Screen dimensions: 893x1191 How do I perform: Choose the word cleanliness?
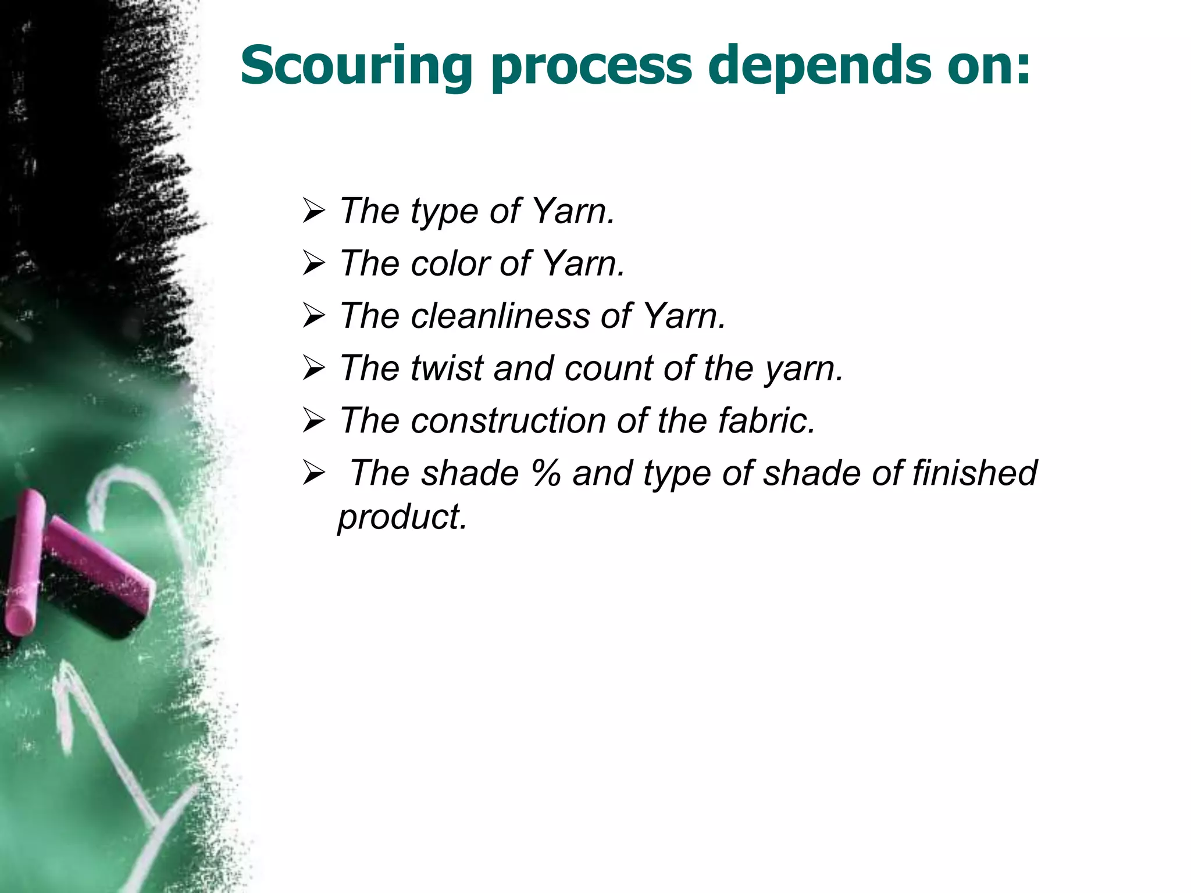(x=501, y=316)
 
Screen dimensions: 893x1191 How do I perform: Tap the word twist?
(x=446, y=368)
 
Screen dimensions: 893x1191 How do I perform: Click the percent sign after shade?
(x=545, y=473)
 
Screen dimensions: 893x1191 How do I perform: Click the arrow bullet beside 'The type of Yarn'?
(x=313, y=212)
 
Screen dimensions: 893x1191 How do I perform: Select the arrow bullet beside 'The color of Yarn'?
(x=313, y=264)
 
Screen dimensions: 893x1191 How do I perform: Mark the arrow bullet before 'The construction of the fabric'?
(x=313, y=421)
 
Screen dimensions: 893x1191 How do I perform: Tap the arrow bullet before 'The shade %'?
(x=313, y=473)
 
